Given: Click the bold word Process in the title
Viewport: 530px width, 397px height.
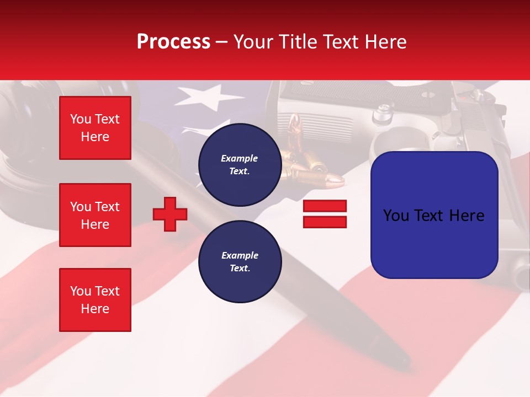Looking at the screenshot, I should tap(173, 42).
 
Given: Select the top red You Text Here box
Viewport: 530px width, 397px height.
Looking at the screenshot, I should tap(95, 128).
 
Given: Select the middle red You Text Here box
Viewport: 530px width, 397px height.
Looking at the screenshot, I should tap(95, 215).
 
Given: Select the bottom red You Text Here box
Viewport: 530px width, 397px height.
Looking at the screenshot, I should tap(95, 299).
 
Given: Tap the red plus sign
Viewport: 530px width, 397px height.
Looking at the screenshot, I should tap(170, 213).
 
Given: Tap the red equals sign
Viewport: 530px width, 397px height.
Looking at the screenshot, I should tap(325, 214).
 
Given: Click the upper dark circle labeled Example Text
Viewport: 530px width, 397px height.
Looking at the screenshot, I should tap(240, 164).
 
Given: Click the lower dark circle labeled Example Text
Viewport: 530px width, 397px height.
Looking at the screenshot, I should tap(240, 261).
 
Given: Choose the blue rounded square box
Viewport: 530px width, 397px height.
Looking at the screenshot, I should tap(434, 215).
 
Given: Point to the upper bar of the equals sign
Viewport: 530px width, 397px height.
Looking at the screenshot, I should tap(325, 206).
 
